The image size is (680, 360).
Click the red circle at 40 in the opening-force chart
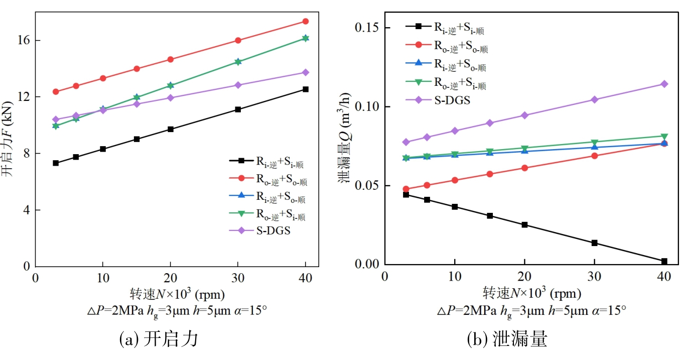tap(305, 21)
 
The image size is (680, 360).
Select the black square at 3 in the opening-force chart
tap(56, 163)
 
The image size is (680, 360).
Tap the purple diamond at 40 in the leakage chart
tap(664, 84)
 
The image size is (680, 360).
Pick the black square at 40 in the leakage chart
tap(664, 261)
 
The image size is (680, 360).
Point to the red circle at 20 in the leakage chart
tap(524, 168)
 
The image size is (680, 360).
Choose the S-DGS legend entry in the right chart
tap(452, 100)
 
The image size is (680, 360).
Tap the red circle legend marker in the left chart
tap(241, 179)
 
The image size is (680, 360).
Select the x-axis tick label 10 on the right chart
tap(455, 277)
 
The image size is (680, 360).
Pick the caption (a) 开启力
tap(159, 340)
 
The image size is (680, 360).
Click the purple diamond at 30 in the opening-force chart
tap(238, 85)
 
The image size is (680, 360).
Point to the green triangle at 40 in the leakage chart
tap(664, 137)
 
